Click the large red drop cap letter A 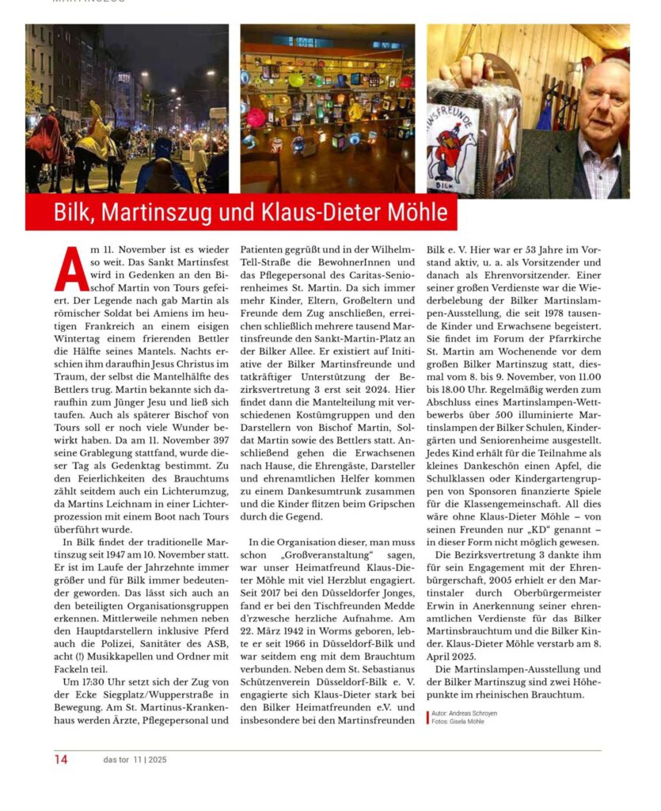[71, 269]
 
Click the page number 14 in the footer [61, 760]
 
